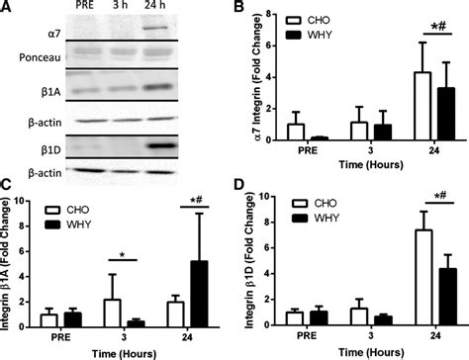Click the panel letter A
point(7,8)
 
